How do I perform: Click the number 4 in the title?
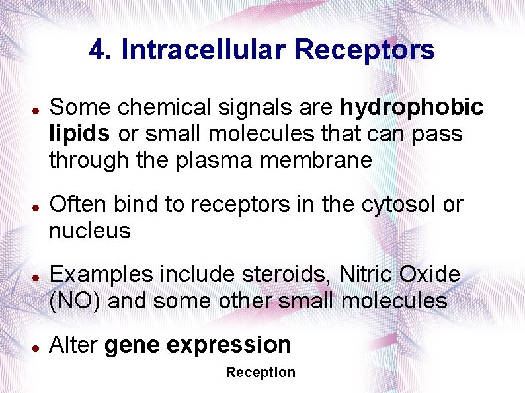pyautogui.click(x=97, y=50)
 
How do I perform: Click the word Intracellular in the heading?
pyautogui.click(x=204, y=50)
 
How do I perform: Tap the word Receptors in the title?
pyautogui.click(x=365, y=50)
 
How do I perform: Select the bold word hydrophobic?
pyautogui.click(x=412, y=107)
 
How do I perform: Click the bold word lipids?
pyautogui.click(x=79, y=133)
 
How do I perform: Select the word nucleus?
pyautogui.click(x=90, y=231)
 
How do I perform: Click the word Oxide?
pyautogui.click(x=430, y=274)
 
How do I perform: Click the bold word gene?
pyautogui.click(x=132, y=345)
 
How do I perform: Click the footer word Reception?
pyautogui.click(x=261, y=373)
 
